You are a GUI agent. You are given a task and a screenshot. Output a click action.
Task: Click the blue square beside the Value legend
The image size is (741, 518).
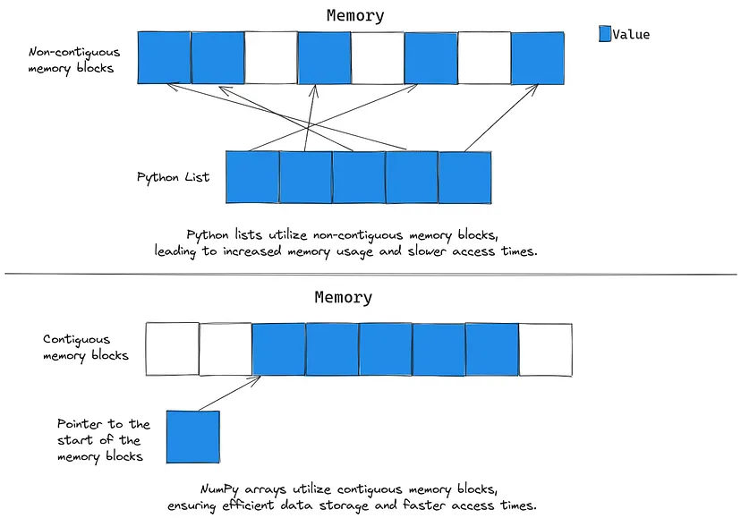604,34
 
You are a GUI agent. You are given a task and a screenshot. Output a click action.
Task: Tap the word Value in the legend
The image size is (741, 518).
631,35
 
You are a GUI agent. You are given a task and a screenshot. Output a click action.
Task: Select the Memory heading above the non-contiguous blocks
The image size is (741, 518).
355,15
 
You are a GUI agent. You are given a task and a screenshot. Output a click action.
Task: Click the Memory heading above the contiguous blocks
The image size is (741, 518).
343,297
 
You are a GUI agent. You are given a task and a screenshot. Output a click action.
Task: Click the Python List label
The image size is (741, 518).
173,177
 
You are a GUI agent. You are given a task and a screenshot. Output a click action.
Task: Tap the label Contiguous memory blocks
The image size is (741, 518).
86,347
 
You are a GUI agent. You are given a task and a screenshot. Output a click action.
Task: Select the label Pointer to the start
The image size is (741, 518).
104,438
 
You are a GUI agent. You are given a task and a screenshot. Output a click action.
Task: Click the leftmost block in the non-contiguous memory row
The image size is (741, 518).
164,58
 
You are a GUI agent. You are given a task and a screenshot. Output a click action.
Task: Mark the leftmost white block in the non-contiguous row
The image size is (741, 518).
271,58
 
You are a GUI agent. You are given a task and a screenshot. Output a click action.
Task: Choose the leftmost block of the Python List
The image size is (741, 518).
252,177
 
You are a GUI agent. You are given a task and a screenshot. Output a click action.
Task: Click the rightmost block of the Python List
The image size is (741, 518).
465,177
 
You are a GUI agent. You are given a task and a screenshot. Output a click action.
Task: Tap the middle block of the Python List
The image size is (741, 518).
359,177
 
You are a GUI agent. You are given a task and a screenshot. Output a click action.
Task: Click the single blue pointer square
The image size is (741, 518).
192,437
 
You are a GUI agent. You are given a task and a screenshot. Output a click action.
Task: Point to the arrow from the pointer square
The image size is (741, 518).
228,394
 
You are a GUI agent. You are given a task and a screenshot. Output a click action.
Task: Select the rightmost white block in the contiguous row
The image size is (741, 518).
545,349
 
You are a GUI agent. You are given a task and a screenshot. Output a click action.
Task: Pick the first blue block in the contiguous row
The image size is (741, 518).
279,349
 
